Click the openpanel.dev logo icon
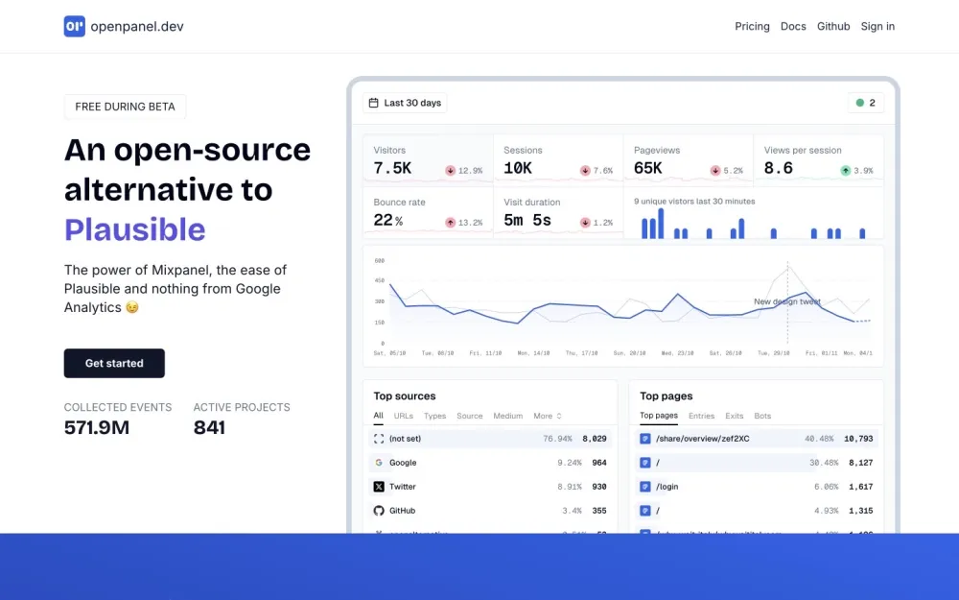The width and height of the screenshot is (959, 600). (x=75, y=26)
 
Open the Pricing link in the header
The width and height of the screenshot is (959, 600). (x=752, y=26)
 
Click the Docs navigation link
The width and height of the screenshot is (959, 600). (x=793, y=26)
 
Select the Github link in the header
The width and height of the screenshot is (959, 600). (x=833, y=26)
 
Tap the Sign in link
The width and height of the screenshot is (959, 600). (x=877, y=26)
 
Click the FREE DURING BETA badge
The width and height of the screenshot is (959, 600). (x=126, y=107)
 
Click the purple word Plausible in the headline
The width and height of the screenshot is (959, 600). (x=135, y=229)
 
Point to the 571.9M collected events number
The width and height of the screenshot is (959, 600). (x=97, y=428)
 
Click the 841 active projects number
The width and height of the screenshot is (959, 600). (x=209, y=428)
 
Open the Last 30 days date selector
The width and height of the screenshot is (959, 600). (x=405, y=103)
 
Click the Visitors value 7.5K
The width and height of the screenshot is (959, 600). (x=392, y=168)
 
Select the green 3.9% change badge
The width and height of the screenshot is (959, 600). (x=856, y=170)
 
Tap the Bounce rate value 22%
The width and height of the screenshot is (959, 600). (x=387, y=220)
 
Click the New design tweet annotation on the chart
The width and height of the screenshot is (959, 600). (x=786, y=301)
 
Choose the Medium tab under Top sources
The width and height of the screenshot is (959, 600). (x=507, y=416)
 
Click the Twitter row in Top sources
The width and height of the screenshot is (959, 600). (x=403, y=487)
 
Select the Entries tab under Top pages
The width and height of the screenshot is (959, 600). (x=701, y=416)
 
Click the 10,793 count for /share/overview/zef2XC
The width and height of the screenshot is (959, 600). (x=857, y=439)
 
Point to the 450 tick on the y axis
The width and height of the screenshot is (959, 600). (x=380, y=281)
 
